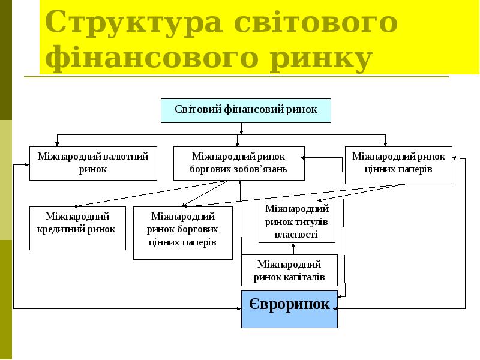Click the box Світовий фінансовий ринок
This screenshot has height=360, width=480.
(245, 110)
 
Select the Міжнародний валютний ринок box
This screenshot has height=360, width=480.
(93, 163)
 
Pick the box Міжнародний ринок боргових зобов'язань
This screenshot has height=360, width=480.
(238, 163)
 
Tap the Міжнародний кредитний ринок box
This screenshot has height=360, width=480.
(77, 228)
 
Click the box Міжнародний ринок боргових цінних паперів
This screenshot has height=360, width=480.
(182, 233)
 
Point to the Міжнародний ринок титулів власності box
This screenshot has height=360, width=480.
(296, 221)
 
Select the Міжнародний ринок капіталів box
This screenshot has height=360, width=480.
(289, 270)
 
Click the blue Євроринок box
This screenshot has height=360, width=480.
(289, 309)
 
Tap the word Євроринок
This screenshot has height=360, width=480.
(289, 304)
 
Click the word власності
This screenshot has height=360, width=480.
(296, 235)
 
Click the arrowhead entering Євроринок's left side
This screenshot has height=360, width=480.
(238, 309)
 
